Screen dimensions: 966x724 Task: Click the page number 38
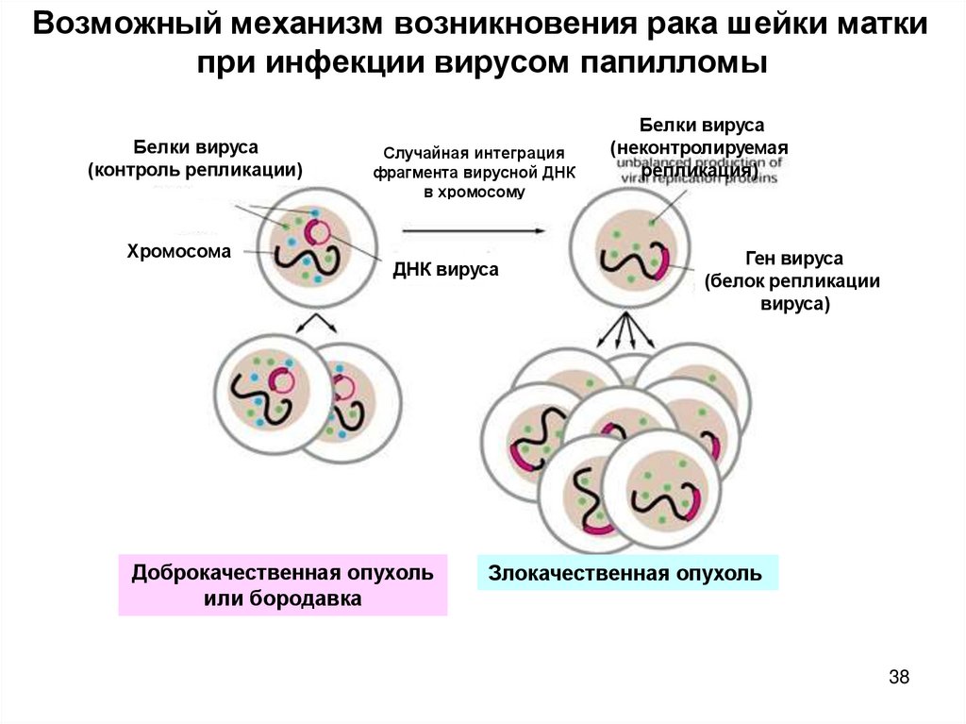point(898,677)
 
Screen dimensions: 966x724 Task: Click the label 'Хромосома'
point(178,251)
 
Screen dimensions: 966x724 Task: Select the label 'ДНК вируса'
point(445,270)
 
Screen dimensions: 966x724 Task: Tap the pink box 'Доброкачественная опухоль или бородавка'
point(282,585)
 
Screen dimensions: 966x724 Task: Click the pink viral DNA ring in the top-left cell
point(317,232)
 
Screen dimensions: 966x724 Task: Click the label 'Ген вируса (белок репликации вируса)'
point(794,280)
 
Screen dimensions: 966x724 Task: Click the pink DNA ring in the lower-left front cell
point(280,380)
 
